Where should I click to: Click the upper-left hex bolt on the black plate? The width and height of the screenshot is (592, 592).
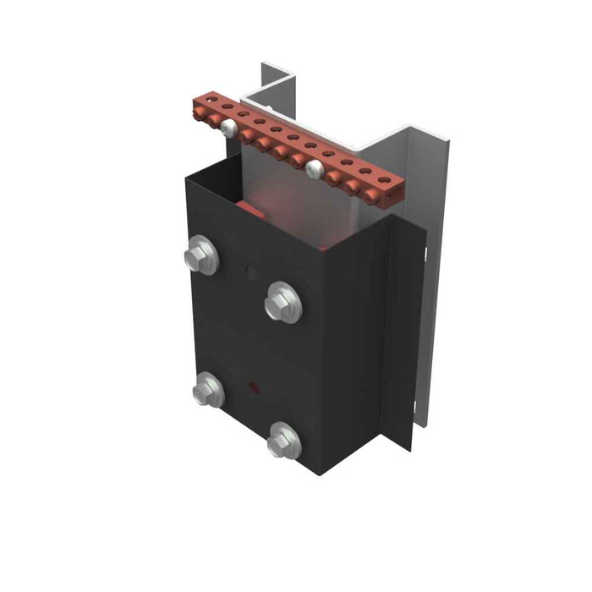[202, 255]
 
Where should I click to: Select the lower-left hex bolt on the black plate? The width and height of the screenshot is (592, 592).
[206, 390]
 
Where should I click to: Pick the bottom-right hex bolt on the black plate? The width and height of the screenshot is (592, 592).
[282, 441]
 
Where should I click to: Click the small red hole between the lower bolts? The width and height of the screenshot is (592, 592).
[250, 390]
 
